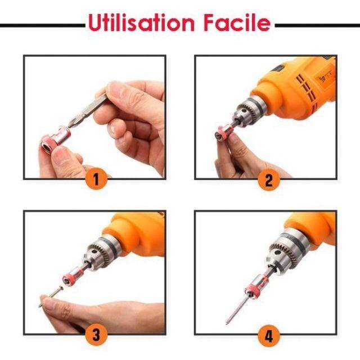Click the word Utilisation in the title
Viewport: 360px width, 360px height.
click(141, 22)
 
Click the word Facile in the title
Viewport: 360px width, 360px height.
click(237, 22)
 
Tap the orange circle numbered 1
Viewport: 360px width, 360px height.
click(96, 179)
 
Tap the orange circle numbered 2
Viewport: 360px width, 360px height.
click(269, 180)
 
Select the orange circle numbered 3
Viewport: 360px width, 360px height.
click(96, 335)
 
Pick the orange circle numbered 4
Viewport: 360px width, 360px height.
click(269, 336)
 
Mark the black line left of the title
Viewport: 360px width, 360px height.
click(43, 25)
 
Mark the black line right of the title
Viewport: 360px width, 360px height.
click(317, 25)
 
